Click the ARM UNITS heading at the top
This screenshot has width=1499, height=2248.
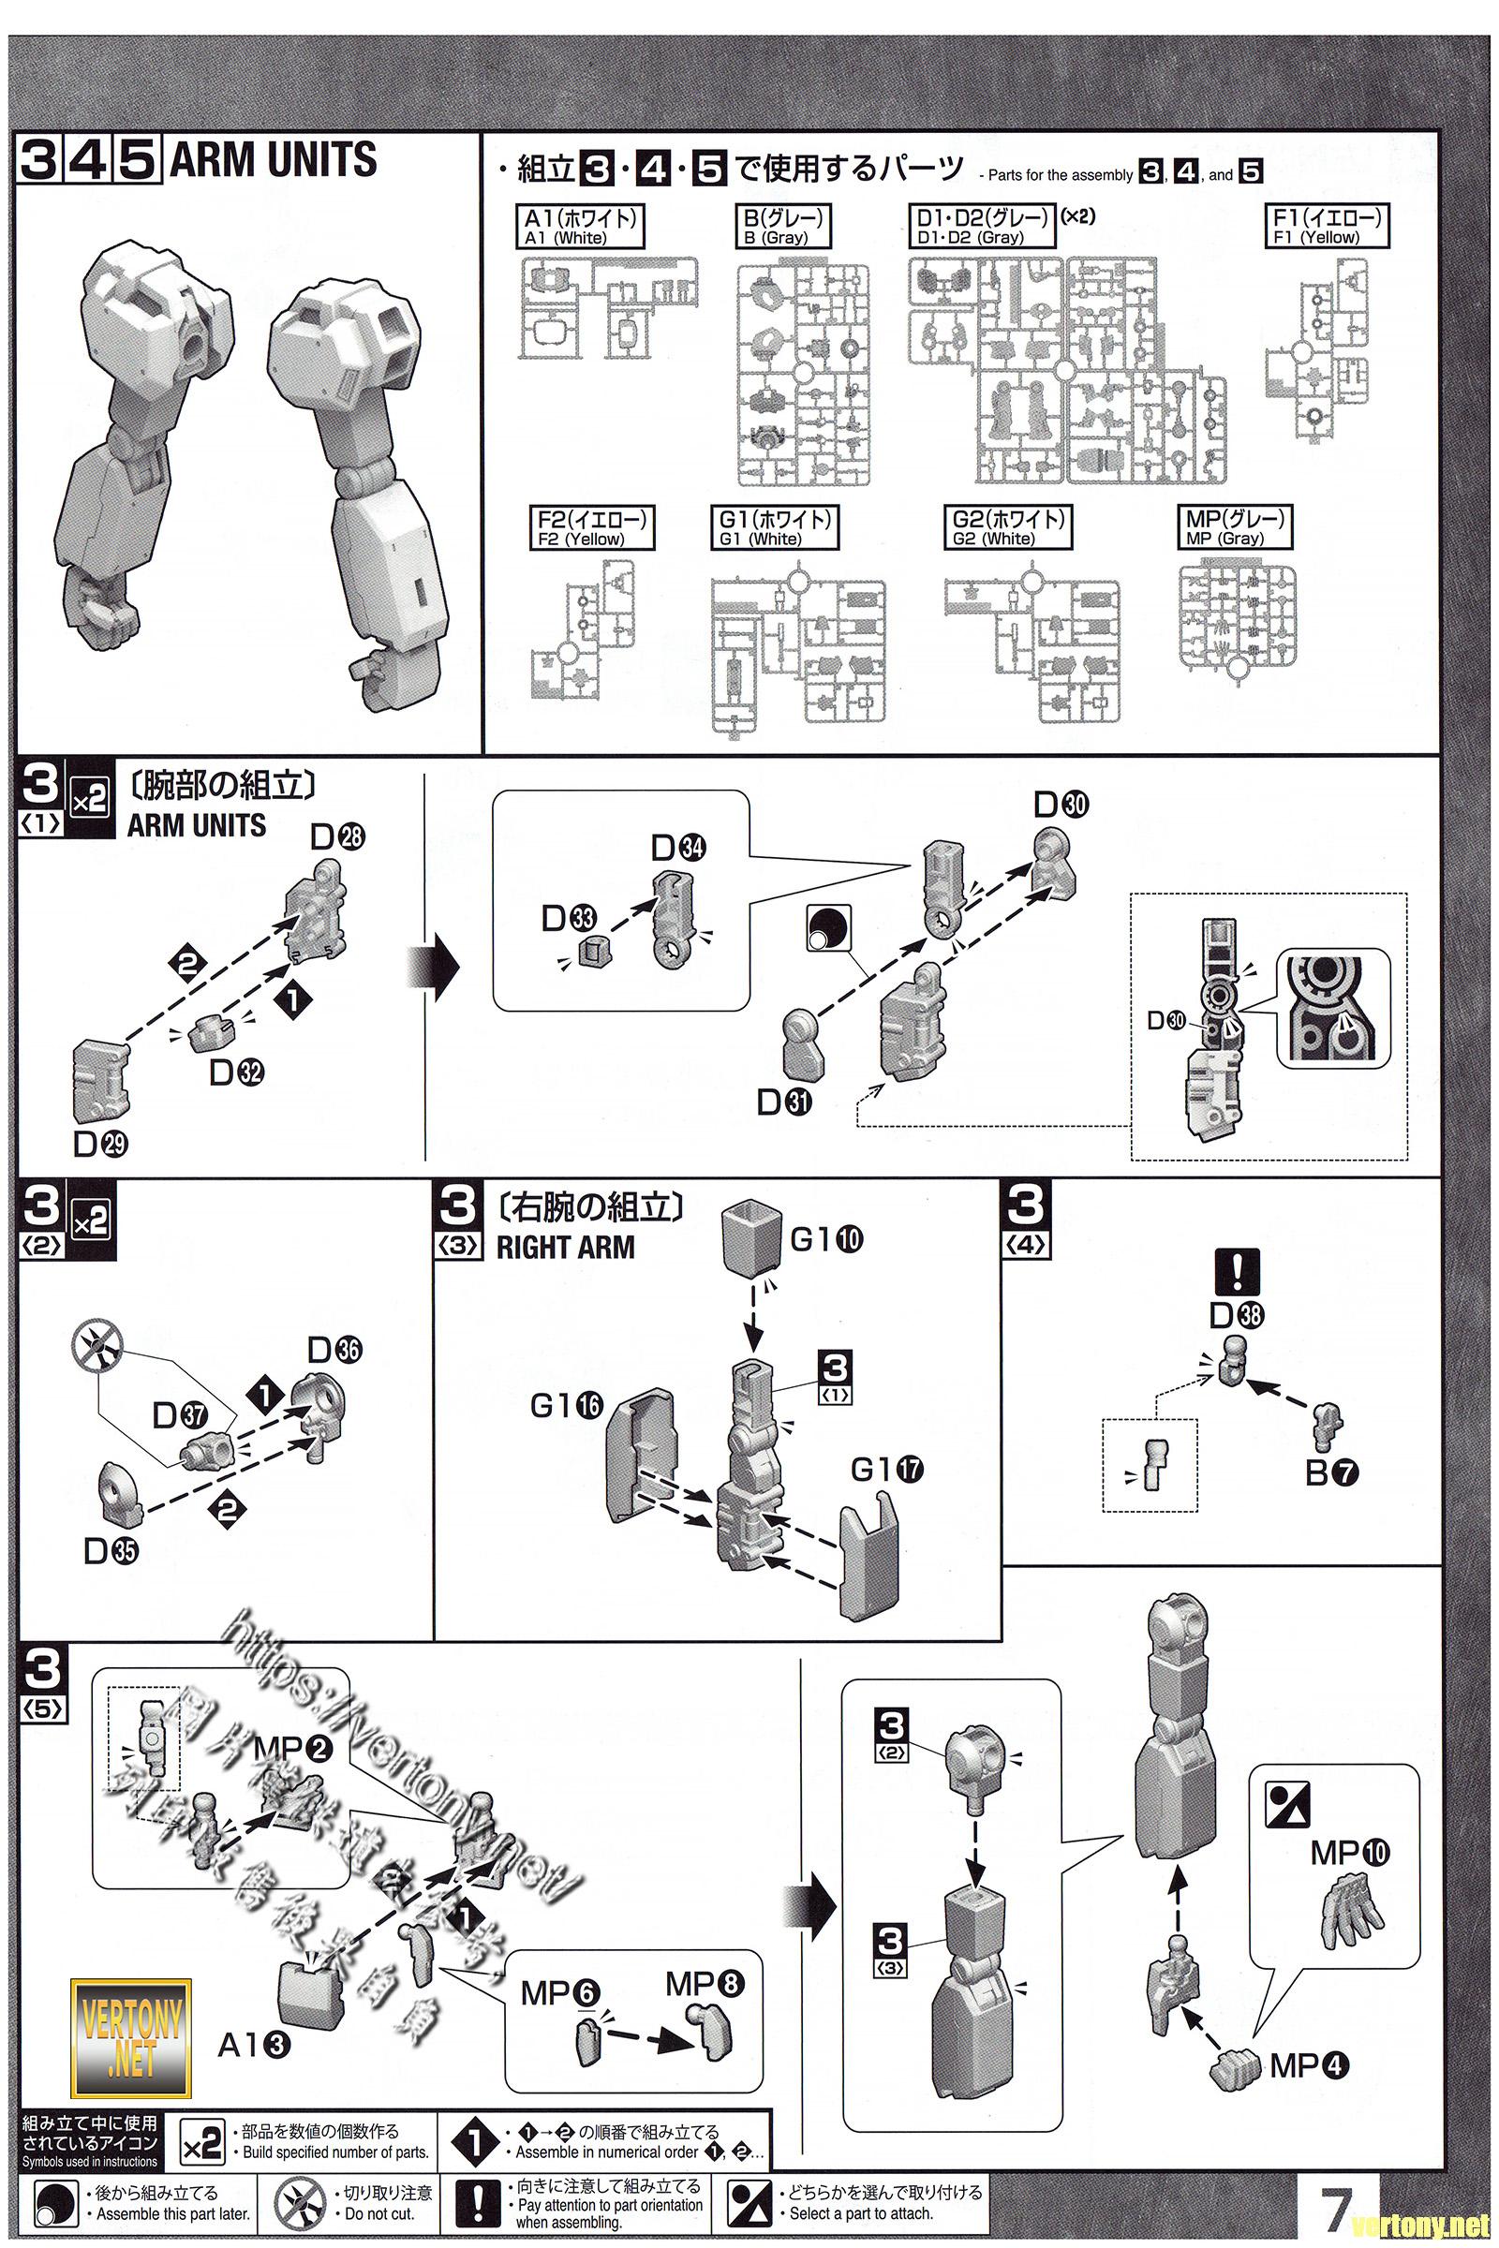click(273, 160)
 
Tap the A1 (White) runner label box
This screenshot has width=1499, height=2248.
click(579, 227)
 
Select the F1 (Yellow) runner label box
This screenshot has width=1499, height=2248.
click(1327, 227)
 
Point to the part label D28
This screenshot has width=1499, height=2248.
click(337, 837)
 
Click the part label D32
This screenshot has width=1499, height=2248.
click(236, 1072)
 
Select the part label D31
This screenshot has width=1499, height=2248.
click(784, 1102)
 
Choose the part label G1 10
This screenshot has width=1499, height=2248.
click(826, 1239)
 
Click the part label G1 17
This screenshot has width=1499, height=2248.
click(886, 1469)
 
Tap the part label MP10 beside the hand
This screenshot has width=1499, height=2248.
click(1351, 1853)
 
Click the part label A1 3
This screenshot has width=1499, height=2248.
click(253, 2045)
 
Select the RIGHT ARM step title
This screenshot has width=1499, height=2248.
click(565, 1248)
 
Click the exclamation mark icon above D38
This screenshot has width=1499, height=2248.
click(1235, 1272)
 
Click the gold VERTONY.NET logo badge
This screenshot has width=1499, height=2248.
click(131, 2040)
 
